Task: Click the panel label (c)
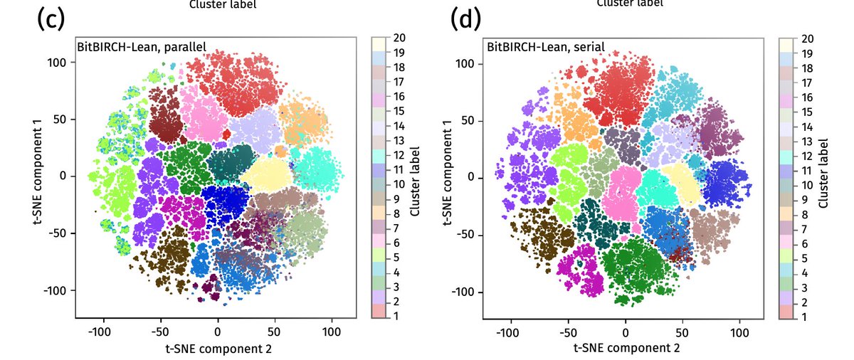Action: click(51, 20)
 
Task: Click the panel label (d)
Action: click(466, 19)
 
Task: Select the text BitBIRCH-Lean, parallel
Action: click(142, 47)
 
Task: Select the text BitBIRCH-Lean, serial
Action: click(546, 47)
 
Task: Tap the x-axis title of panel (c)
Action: click(218, 348)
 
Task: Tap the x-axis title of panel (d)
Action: click(626, 348)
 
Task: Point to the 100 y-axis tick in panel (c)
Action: click(58, 62)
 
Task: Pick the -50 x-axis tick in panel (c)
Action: click(160, 331)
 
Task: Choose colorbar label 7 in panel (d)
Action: click(805, 228)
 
